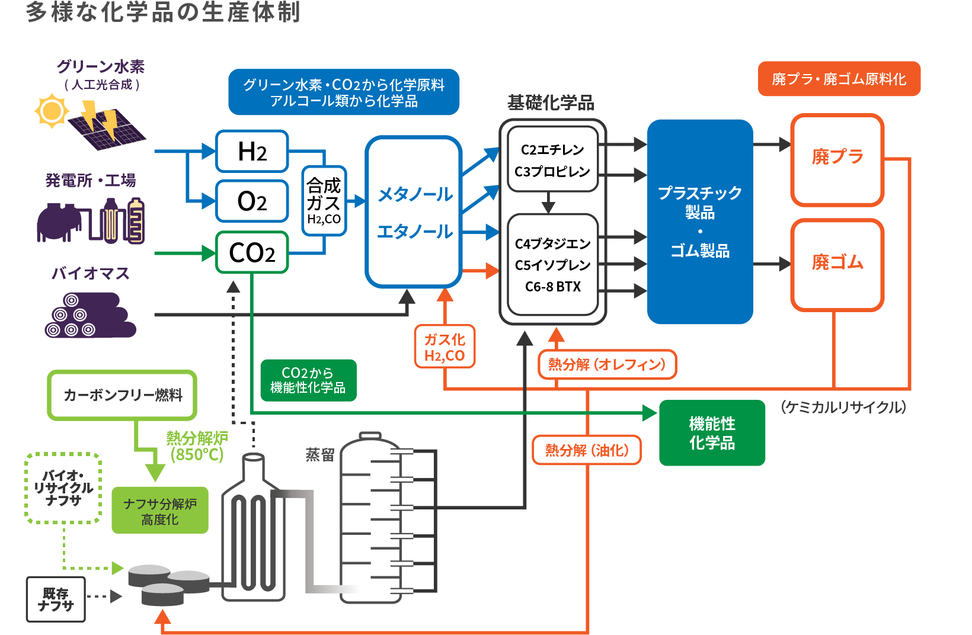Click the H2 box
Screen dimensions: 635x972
coord(252,152)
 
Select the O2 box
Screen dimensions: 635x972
coord(252,201)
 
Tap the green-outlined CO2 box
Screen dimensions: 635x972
coord(252,253)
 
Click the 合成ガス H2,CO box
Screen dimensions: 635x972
coord(324,201)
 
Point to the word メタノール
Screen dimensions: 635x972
coord(415,194)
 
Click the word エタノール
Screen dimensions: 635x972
coord(415,232)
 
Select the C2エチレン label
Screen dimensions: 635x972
coord(552,150)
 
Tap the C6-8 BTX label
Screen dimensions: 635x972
coord(552,287)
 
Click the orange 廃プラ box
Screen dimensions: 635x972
coord(837,159)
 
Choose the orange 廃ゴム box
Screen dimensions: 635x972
coord(837,264)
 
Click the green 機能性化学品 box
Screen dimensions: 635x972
coord(712,433)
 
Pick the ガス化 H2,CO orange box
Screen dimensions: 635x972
coord(445,347)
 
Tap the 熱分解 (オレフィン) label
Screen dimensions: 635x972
coord(607,364)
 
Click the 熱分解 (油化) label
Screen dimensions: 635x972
coord(587,450)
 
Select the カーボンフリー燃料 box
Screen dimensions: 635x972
coord(122,395)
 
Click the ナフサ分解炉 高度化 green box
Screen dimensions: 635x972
coord(160,511)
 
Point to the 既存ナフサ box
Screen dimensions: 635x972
coord(56,599)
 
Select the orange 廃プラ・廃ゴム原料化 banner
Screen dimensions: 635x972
coord(839,79)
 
